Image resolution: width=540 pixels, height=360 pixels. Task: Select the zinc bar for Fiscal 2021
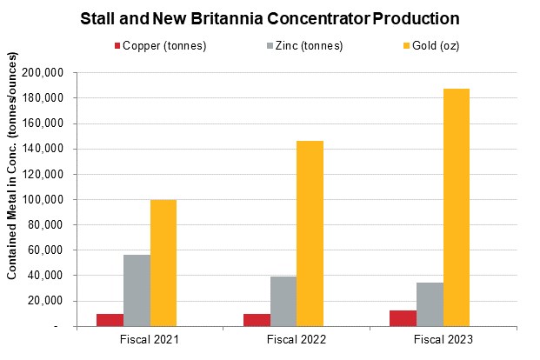pyautogui.click(x=137, y=290)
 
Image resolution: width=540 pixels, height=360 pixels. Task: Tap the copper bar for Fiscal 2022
pyautogui.click(x=257, y=320)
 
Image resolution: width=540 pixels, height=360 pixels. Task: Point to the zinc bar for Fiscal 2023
pyautogui.click(x=430, y=304)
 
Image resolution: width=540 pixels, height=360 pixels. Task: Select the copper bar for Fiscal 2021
pyautogui.click(x=110, y=320)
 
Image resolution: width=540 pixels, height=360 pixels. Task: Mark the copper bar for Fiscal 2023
pyautogui.click(x=403, y=318)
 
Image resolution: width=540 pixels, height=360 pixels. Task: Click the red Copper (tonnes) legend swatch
pyautogui.click(x=117, y=45)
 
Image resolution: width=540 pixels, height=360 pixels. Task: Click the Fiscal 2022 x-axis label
pyautogui.click(x=297, y=339)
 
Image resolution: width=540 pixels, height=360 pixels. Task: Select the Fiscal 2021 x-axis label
pyautogui.click(x=150, y=339)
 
